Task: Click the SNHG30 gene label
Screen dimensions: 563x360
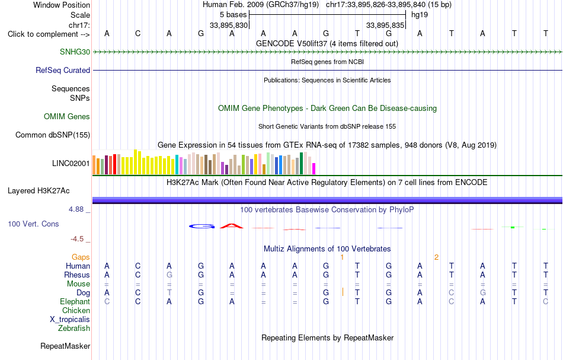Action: (75, 52)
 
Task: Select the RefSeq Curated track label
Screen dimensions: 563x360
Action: (63, 70)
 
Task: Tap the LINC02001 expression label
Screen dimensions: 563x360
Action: (71, 164)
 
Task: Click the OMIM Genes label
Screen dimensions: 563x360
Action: (67, 116)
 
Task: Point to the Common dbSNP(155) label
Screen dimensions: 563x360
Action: (53, 135)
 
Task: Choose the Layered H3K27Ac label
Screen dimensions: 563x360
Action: (39, 191)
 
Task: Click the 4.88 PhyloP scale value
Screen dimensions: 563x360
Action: (76, 209)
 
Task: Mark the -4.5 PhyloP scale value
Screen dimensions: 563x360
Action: (77, 239)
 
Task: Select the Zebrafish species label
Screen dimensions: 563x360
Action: (74, 328)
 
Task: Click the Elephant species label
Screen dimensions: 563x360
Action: (75, 301)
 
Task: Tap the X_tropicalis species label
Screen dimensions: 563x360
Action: (70, 320)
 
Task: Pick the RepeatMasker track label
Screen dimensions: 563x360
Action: (65, 346)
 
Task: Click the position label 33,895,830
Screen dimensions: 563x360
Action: (229, 25)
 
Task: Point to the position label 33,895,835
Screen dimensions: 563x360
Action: (385, 25)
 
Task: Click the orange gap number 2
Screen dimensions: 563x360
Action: (436, 257)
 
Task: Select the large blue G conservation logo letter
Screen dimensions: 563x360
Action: (201, 227)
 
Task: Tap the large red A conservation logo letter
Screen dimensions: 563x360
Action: (232, 226)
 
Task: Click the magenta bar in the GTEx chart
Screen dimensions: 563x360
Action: (314, 169)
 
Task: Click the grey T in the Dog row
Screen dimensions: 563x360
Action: (169, 293)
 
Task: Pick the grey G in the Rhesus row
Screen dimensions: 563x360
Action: (169, 275)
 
